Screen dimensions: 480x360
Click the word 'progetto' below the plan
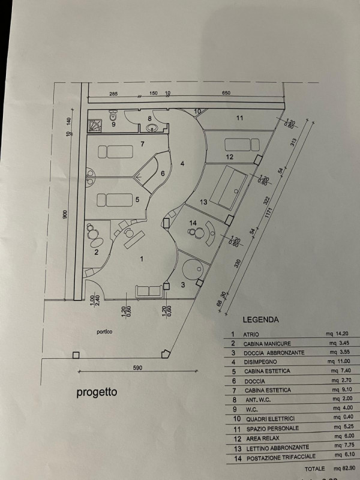97,393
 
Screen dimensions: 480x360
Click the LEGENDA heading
260,320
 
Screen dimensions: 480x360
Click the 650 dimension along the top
226,94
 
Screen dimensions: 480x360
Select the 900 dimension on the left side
65,214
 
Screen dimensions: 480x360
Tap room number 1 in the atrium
142,259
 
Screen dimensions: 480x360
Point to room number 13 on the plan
203,202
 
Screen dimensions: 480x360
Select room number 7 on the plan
142,144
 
